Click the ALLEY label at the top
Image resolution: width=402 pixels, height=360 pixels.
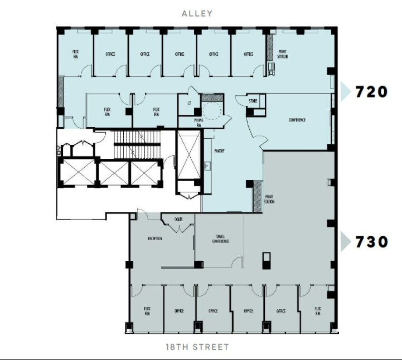pos(197,13)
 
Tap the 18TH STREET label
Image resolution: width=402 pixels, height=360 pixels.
pos(197,347)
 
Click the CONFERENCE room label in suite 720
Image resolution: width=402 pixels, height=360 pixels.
pos(297,120)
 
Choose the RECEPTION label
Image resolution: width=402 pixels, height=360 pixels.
pos(154,239)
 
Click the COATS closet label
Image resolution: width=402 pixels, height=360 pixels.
pos(178,219)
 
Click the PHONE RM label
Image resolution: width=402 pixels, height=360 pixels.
pos(198,123)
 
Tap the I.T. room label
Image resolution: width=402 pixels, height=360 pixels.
pos(190,104)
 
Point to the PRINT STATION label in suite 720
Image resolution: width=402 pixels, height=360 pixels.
pos(283,54)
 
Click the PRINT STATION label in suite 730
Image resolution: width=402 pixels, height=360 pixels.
pos(269,199)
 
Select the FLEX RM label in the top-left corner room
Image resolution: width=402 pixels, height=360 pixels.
pos(75,54)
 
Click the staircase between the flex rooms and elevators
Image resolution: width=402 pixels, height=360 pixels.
pos(137,145)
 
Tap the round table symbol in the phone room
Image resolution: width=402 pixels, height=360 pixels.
pos(212,110)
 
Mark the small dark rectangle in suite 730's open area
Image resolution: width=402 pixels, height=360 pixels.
pos(267,261)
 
